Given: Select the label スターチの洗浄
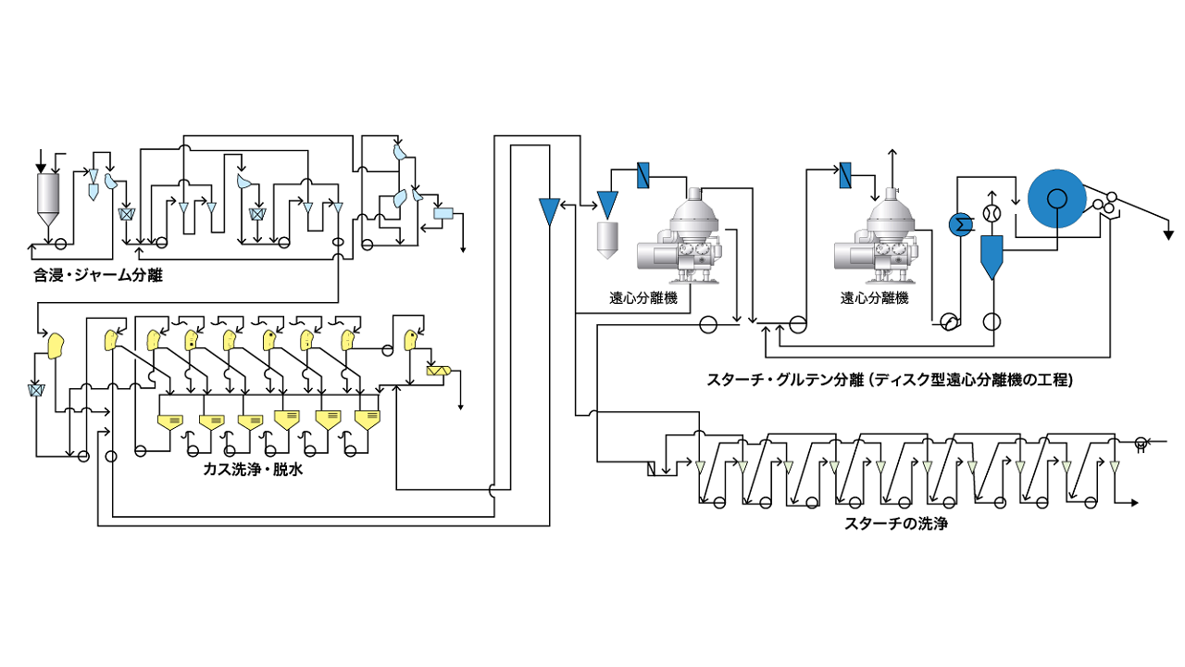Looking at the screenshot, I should coord(896,523).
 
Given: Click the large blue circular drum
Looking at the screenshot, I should coord(1054,197).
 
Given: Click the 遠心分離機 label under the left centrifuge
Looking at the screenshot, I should coord(642,298).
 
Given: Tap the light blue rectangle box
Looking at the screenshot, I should coord(443,214).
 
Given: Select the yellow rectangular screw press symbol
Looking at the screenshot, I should coord(436,371).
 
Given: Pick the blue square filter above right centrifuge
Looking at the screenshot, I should coord(845,174).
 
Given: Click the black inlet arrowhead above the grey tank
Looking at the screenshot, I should coord(41,167).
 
